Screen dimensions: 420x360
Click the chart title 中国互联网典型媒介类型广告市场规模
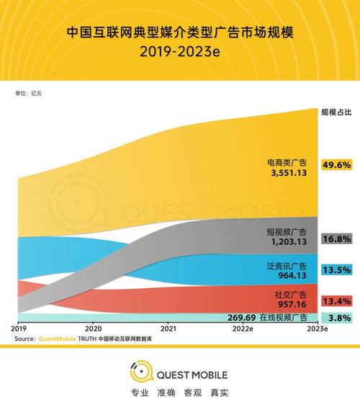[x=180, y=33]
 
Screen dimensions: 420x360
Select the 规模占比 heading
[x=336, y=112]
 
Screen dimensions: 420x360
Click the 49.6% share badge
[x=337, y=165]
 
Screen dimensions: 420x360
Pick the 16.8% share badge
[x=337, y=238]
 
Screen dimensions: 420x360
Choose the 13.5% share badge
[x=337, y=270]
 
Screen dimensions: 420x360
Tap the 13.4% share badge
[x=337, y=300]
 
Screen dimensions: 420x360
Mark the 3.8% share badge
[x=337, y=318]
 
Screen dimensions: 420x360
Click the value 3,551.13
[x=287, y=174]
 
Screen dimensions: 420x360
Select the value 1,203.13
[x=287, y=243]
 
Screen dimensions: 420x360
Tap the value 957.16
[x=292, y=304]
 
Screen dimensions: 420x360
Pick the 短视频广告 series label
[x=287, y=233]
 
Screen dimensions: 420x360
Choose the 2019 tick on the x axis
[x=19, y=328]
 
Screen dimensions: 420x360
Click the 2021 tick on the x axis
[x=168, y=328]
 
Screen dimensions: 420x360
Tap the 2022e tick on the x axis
[x=241, y=328]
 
